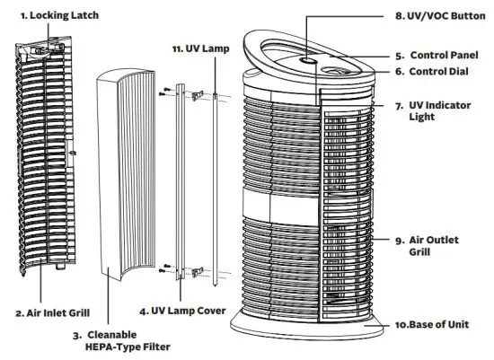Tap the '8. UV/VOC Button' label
point(436,16)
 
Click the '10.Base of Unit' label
point(437,323)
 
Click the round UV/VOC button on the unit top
point(306,60)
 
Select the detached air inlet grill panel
point(41,162)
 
